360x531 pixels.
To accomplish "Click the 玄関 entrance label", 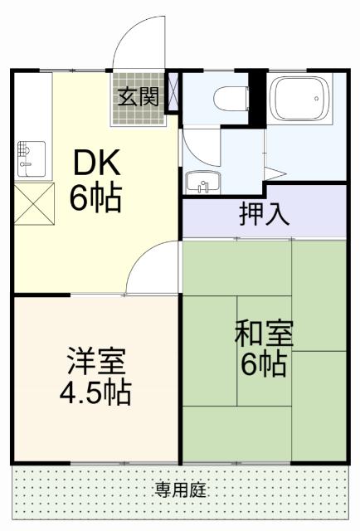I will (138, 97).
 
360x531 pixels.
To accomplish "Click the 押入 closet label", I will (264, 214).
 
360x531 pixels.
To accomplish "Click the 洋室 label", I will (96, 363).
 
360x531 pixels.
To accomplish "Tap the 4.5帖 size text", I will (96, 393).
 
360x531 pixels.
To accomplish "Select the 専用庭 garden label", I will (180, 490).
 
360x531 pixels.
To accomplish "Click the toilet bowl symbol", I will (227, 99).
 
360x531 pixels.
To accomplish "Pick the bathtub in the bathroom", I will (302, 105).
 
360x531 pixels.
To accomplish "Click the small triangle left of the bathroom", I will (276, 173).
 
